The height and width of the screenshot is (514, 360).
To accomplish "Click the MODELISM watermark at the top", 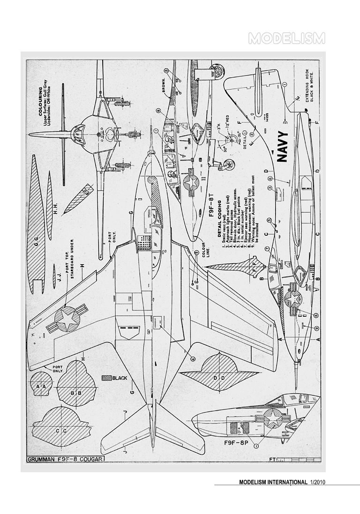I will pos(286,38).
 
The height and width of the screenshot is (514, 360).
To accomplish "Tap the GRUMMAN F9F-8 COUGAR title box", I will pos(66,460).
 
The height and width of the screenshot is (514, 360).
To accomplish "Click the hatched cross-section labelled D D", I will pos(217,378).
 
